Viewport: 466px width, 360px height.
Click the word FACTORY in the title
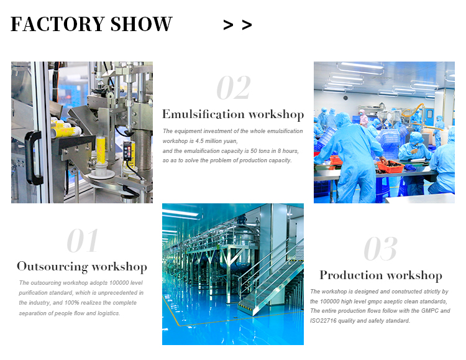coord(58,24)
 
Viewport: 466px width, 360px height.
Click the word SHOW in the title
coord(141,24)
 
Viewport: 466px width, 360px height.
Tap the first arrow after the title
coord(228,25)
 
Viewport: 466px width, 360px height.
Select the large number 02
coord(234,87)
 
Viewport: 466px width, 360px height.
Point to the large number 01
coord(82,241)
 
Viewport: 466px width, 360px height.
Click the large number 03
coord(380,249)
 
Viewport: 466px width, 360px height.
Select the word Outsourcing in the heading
coord(52,266)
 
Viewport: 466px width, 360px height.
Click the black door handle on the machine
coord(34,158)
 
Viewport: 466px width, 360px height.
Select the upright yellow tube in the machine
coord(101,150)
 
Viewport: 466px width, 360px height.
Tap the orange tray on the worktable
coord(390,166)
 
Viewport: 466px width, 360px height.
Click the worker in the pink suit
coord(363,118)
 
